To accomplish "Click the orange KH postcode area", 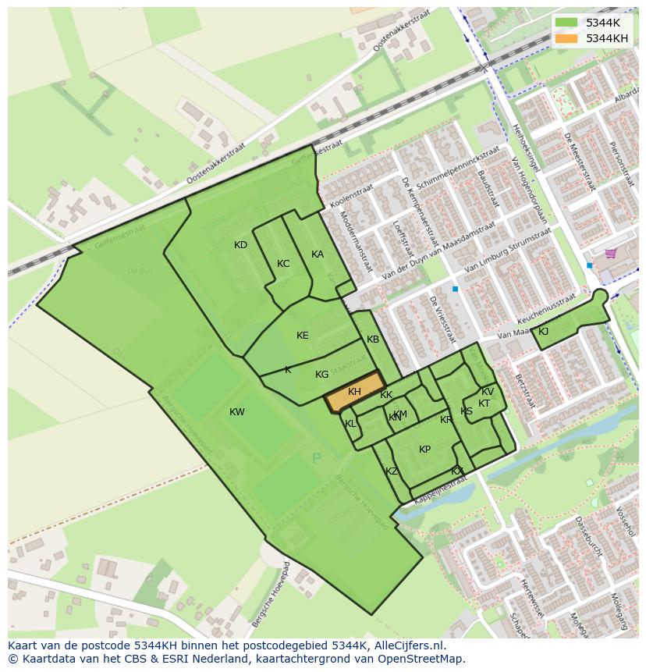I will coord(355,393).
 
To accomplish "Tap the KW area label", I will coord(237,412).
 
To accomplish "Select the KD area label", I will coord(240,245).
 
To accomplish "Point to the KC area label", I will coord(283,264).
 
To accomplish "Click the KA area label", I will coord(318,254).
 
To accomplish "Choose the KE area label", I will coord(303,336).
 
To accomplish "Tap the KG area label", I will coord(321,375).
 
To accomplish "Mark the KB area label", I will coord(373,340).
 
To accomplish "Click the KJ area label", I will coord(543,332).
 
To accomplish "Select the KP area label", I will coord(424,450).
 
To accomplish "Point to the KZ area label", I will coord(392,471).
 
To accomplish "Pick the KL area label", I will coord(350,424).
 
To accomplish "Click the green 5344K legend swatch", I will coord(566,23).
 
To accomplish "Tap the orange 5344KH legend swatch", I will coord(566,38).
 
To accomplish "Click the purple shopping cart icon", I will coord(610,254).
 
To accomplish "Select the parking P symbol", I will coord(316,458).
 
